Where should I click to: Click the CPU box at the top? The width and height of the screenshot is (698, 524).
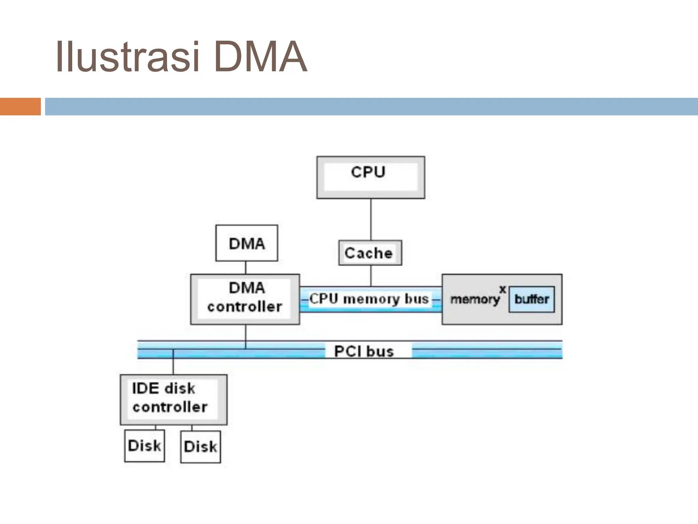point(370,177)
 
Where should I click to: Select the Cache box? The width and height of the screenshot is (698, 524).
point(370,253)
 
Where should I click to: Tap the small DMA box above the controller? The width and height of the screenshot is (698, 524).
point(246,243)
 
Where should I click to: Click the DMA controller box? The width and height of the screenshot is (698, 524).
point(245,299)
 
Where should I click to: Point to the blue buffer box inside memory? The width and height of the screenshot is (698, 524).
point(531,300)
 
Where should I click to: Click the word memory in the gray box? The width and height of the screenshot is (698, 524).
point(475,300)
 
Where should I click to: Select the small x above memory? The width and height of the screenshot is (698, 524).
point(502,289)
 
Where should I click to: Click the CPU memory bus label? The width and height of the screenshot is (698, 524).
point(369,299)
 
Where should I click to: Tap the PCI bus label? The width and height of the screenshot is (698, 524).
point(364,351)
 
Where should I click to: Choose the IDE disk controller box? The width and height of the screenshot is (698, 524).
point(173,399)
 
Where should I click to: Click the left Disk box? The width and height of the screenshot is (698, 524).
point(145,446)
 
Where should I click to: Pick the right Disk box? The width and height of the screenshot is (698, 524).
point(200,447)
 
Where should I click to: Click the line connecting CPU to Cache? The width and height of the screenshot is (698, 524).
point(371,219)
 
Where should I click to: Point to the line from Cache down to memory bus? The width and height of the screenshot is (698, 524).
point(371,276)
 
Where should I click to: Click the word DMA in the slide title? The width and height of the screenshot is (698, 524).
point(261,57)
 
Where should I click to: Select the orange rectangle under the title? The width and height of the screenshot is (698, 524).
point(20,106)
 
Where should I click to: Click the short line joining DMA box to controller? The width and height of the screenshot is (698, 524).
point(246,268)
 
